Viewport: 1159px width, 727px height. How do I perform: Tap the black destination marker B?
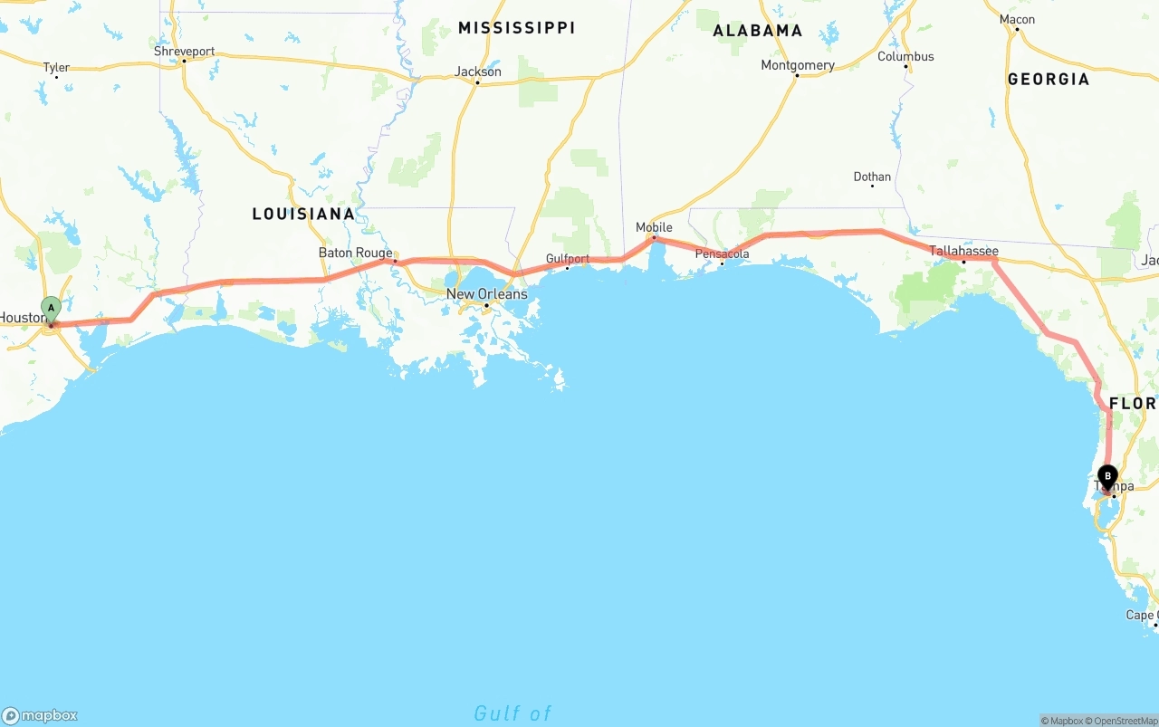1106,476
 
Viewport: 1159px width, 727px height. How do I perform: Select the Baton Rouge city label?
355,253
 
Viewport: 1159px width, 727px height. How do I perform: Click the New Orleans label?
486,294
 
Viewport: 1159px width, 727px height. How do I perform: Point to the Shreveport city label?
184,52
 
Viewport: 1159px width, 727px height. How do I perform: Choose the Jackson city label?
477,72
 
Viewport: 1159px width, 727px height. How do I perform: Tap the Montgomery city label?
797,65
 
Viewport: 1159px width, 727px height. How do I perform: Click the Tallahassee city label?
963,251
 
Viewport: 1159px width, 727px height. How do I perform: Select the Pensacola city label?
722,253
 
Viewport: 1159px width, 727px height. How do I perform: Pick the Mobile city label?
654,227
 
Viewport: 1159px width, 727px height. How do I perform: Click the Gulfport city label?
567,259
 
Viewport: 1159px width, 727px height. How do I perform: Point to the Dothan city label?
872,177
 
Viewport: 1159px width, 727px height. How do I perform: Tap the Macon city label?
1017,19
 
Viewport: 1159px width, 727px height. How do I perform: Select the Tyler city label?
56,67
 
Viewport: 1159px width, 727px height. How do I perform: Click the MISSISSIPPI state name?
516,28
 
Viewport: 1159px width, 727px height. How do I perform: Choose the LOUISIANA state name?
303,214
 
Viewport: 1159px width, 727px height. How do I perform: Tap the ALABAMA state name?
757,31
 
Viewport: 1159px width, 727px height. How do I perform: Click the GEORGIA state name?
1048,79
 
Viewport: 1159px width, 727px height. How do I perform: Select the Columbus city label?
905,56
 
